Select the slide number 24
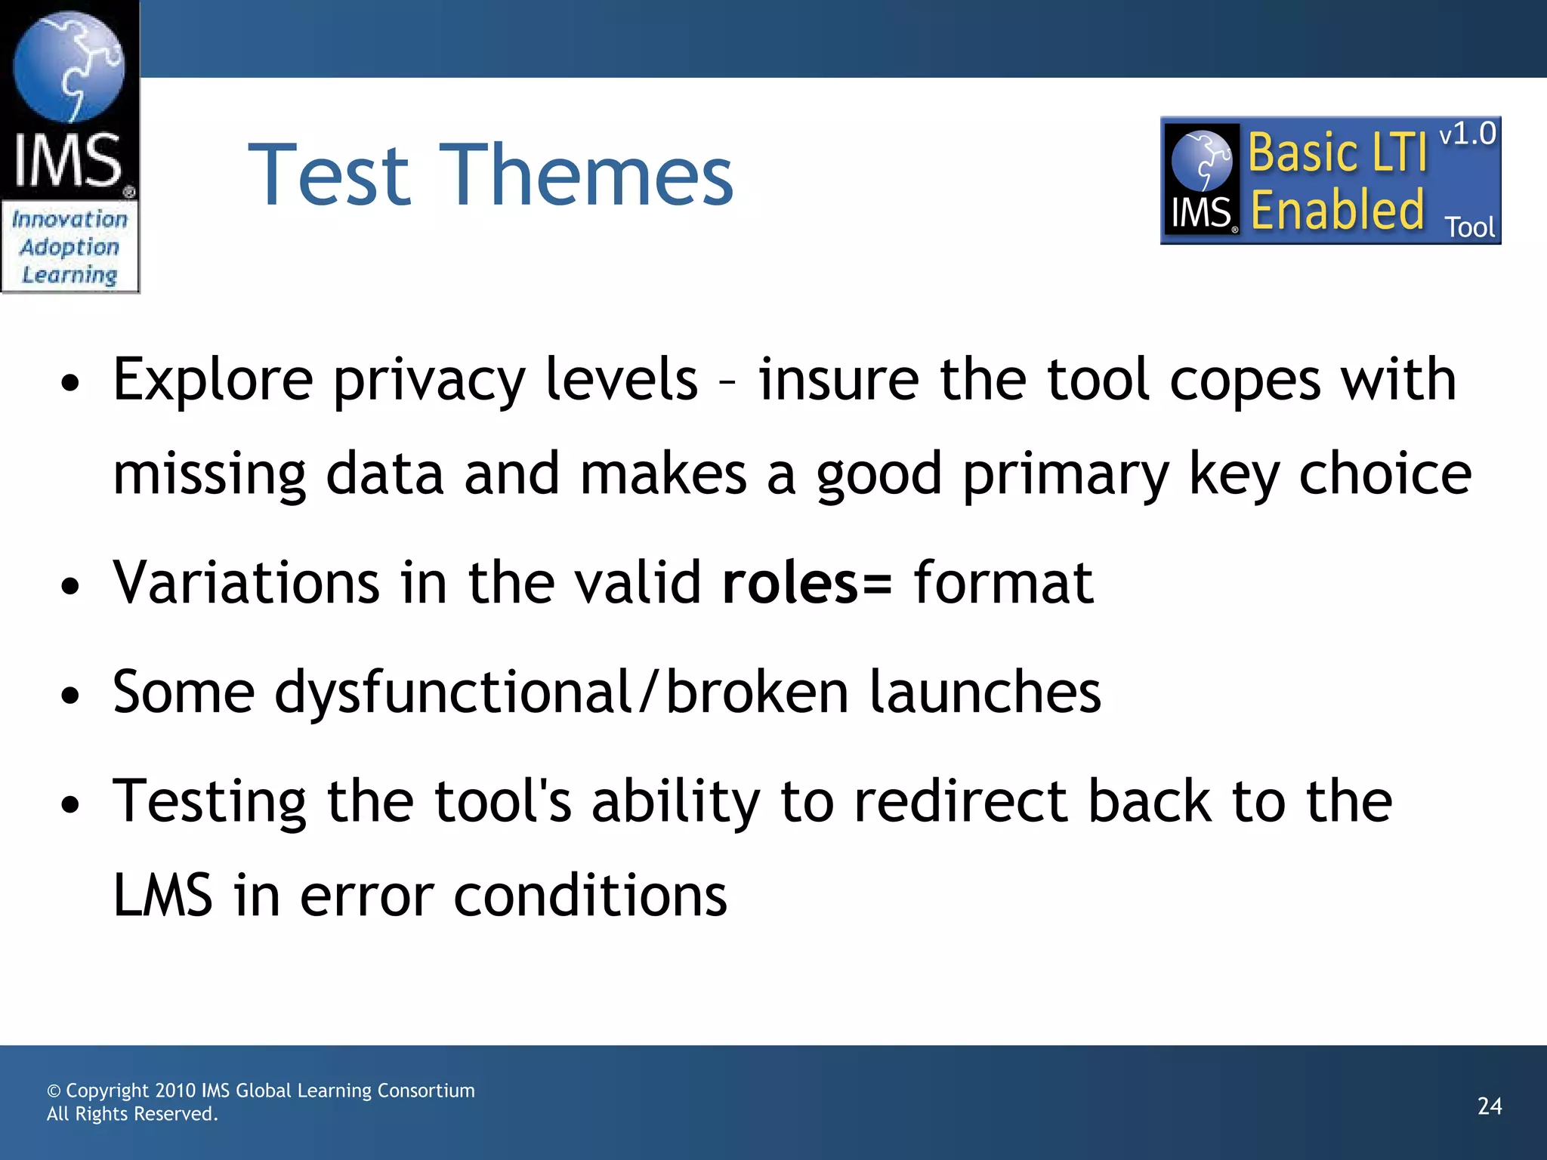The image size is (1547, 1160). coord(1490,1106)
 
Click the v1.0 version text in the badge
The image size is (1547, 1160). coord(1467,134)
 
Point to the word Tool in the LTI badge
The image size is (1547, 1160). coord(1469,227)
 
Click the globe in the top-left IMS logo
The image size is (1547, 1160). coord(69,66)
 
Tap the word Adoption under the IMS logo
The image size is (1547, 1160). coord(69,247)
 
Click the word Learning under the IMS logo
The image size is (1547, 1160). coord(69,275)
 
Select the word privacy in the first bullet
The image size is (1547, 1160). coord(428,380)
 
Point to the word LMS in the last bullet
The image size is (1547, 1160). coord(162,896)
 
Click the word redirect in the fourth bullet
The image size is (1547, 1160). coord(960,801)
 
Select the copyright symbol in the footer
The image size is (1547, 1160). coord(54,1091)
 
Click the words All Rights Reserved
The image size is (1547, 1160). coord(132,1114)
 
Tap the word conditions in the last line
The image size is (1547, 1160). coord(590,896)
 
